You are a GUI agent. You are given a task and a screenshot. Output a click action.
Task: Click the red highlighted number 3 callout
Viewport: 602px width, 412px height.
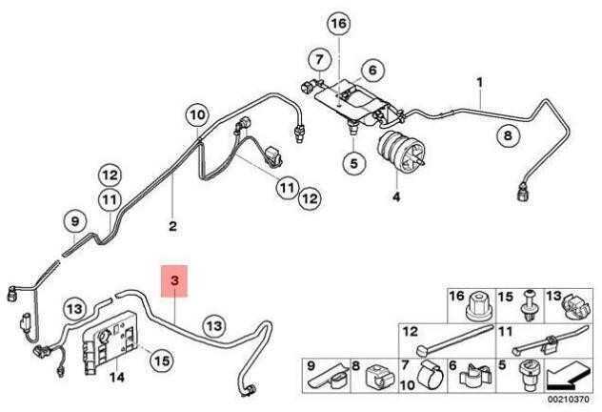tap(174, 281)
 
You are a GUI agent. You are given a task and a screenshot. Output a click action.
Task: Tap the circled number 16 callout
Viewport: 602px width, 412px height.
tap(339, 24)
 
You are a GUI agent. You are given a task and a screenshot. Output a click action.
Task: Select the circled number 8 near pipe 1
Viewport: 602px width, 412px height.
tap(508, 135)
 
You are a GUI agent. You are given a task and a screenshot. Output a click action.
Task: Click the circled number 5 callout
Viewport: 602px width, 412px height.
tap(353, 163)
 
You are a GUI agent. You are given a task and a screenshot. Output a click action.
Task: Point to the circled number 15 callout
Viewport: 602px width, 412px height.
tap(162, 360)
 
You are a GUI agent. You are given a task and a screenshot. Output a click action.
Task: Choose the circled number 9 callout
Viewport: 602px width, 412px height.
tap(75, 221)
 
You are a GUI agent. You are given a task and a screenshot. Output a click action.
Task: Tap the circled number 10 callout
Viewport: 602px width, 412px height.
tap(198, 114)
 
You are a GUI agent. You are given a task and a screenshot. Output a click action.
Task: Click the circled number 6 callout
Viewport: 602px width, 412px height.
tap(372, 71)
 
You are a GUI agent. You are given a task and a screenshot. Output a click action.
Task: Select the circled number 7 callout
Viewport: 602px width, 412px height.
tap(319, 59)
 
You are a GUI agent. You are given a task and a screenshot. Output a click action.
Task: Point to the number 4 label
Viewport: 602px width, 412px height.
tap(396, 196)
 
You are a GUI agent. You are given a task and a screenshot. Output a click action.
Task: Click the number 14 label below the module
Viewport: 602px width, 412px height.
tap(117, 378)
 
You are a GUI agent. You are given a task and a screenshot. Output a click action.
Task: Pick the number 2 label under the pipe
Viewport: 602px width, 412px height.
tap(172, 226)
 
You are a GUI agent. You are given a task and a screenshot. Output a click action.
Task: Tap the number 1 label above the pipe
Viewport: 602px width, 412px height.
tap(480, 82)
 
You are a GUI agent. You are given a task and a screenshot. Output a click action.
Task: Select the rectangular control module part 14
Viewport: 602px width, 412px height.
tap(110, 342)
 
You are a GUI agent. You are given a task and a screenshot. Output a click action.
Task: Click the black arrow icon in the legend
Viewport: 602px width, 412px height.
tap(567, 376)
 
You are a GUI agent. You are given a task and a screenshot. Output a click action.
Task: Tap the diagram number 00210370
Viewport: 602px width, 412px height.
tap(568, 400)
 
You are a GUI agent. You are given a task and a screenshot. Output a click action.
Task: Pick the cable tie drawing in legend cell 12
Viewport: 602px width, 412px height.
tap(454, 340)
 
